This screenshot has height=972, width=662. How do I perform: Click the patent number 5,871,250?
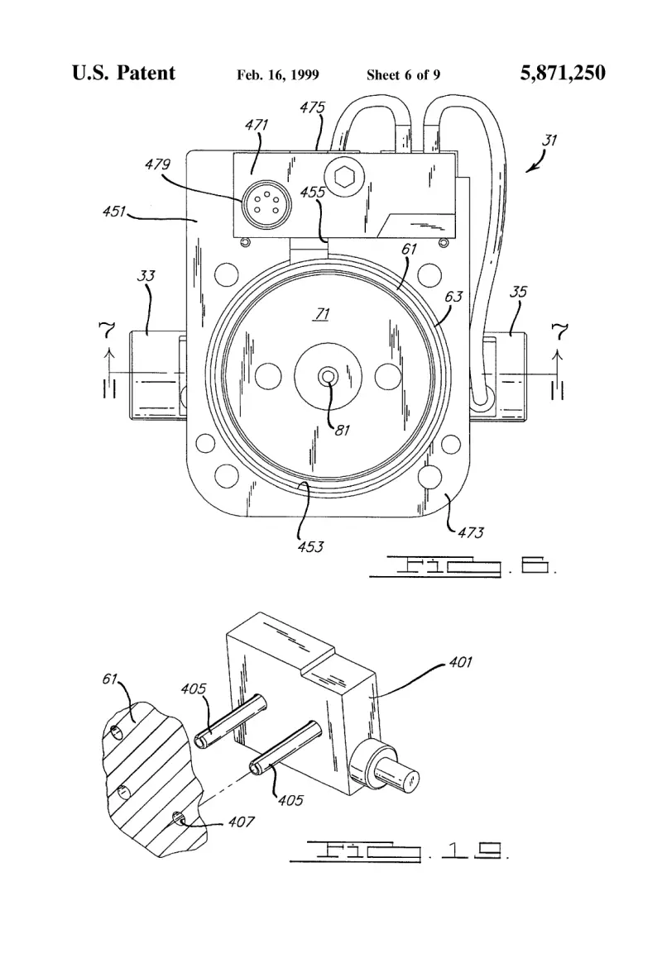click(x=563, y=73)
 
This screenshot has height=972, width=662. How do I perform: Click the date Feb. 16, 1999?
click(x=278, y=75)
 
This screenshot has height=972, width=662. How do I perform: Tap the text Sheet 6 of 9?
click(x=403, y=75)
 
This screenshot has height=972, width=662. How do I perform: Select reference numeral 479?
click(x=157, y=164)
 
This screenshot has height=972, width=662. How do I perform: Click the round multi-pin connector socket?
click(x=258, y=202)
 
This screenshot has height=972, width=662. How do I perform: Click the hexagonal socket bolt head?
click(x=343, y=177)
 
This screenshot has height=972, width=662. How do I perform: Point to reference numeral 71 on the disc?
click(x=322, y=314)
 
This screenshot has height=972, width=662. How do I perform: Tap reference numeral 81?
click(x=343, y=430)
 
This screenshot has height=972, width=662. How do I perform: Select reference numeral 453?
click(x=310, y=546)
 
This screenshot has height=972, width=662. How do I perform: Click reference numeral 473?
click(x=471, y=532)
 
